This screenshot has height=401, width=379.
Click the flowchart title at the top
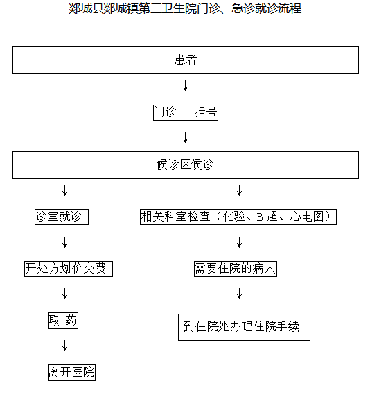tap(185, 8)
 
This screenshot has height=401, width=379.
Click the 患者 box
tap(186, 60)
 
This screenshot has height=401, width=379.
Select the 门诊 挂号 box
tap(186, 112)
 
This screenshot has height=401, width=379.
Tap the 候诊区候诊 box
tap(186, 165)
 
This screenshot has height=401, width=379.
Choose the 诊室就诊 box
tap(62, 217)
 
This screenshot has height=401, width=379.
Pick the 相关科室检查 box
tap(238, 217)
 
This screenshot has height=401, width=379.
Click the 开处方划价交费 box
tap(69, 269)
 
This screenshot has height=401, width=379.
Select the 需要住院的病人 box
tap(236, 269)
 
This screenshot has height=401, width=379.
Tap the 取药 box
tap(63, 321)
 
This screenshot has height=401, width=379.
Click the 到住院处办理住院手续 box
tap(244, 327)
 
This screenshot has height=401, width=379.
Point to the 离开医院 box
tap(71, 373)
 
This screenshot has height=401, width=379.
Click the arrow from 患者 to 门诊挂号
tap(186, 86)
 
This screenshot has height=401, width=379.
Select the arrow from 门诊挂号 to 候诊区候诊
tap(186, 138)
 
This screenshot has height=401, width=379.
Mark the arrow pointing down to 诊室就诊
tap(64, 190)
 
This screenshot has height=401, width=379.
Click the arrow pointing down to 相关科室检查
tap(239, 190)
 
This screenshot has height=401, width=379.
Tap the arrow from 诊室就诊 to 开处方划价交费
tap(64, 242)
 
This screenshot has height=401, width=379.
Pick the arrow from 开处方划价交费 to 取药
tap(64, 294)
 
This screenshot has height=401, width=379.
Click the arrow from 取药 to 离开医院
tap(64, 346)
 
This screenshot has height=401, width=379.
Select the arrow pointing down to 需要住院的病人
tap(239, 242)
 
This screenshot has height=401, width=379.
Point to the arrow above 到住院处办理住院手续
tap(239, 294)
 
